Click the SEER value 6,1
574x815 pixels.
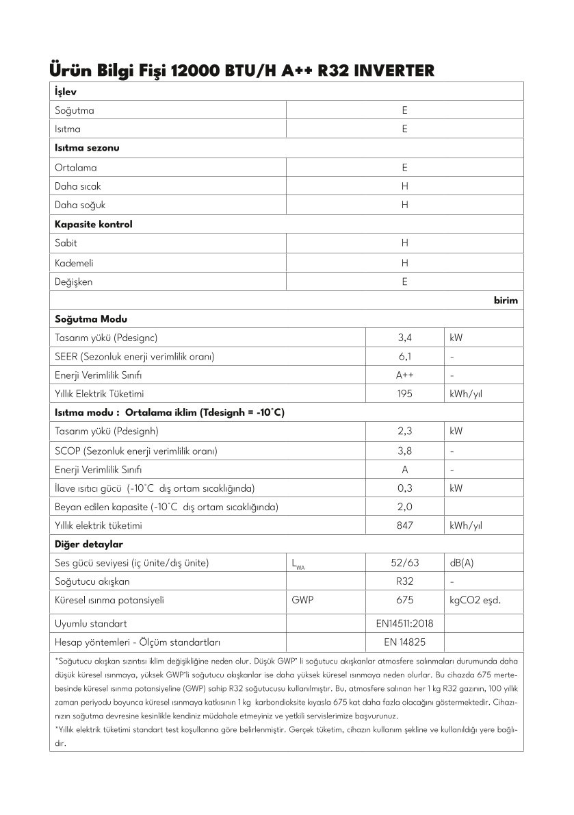(405, 357)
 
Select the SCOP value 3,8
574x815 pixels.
(405, 451)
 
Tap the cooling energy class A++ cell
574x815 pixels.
(405, 375)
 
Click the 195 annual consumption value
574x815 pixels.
(405, 394)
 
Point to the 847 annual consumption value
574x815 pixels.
(405, 526)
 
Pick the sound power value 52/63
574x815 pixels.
(405, 563)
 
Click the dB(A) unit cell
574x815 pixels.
(462, 563)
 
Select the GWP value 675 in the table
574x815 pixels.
(405, 600)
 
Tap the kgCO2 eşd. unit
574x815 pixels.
(475, 600)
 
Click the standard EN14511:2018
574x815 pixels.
(405, 624)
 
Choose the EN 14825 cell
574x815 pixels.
(405, 642)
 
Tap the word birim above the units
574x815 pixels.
(506, 301)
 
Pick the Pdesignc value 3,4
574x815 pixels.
(405, 338)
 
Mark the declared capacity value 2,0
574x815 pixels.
(405, 507)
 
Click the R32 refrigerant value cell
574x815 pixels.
(405, 581)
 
